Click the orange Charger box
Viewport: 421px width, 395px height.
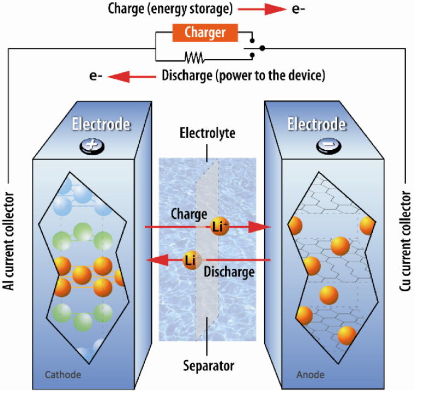click(206, 33)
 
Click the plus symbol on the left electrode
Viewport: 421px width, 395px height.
click(90, 146)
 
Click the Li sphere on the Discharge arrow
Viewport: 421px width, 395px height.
click(191, 260)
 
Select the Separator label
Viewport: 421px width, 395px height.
click(209, 365)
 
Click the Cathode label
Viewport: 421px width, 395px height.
click(64, 375)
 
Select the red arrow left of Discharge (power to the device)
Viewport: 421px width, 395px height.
click(132, 76)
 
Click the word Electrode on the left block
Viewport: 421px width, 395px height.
click(102, 124)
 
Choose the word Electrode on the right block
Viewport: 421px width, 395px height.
click(317, 124)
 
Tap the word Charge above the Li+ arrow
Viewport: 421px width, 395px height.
click(189, 213)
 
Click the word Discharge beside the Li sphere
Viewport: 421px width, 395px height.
click(229, 272)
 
